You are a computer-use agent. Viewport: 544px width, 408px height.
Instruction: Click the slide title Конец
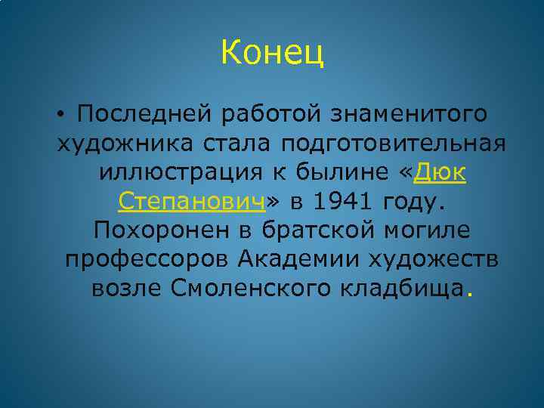point(273,53)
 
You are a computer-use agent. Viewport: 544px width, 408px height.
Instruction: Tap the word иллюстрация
point(179,173)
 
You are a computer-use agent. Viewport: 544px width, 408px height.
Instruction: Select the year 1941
point(348,202)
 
